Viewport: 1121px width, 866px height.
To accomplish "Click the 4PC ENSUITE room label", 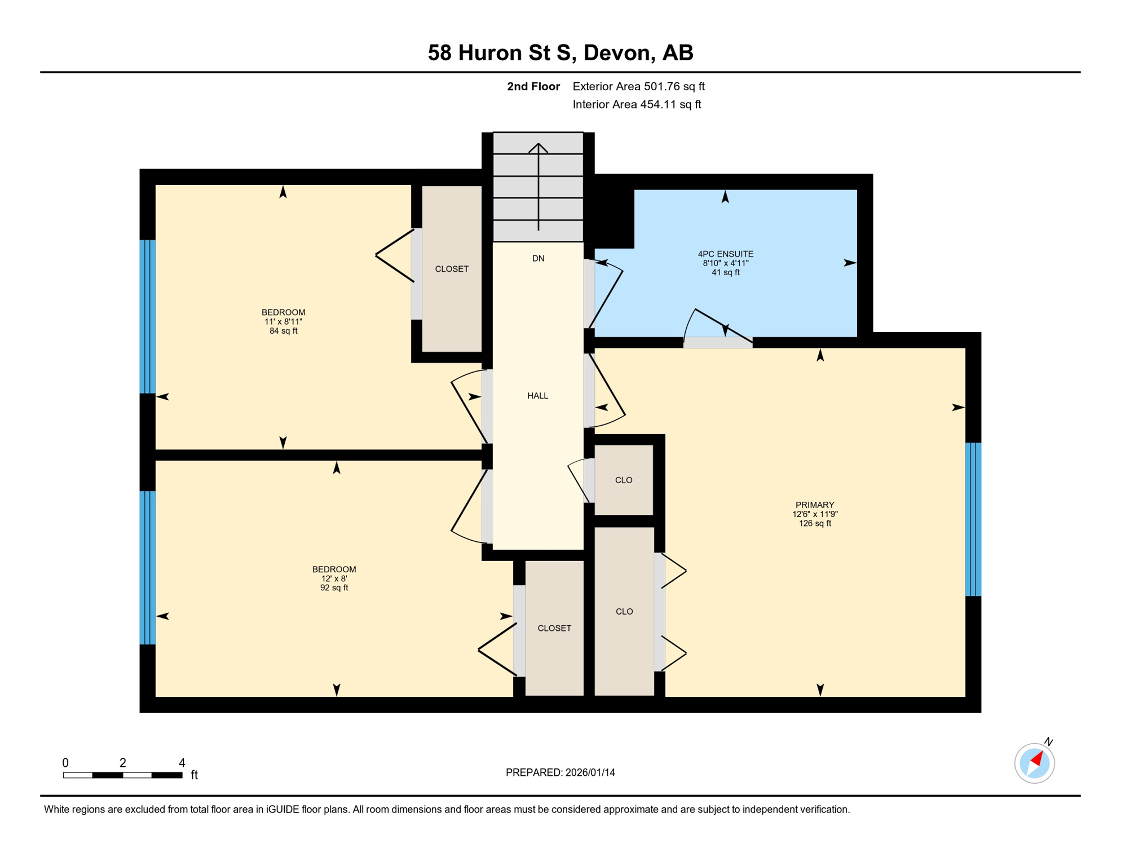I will (x=725, y=254).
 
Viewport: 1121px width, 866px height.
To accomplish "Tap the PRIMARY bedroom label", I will (x=814, y=505).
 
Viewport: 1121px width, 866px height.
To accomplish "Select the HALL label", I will (x=537, y=396).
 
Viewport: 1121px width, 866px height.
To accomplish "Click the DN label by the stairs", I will (x=538, y=258).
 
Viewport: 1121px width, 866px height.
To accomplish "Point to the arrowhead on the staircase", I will (x=538, y=147).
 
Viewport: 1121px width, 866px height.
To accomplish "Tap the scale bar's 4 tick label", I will (x=182, y=763).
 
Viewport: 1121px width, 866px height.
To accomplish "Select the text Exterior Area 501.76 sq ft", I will (x=638, y=86).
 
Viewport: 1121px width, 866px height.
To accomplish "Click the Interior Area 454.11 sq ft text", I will (x=637, y=104).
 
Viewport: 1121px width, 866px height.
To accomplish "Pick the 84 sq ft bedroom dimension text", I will (x=283, y=331).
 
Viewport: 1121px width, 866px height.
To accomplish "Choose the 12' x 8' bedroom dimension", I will (x=334, y=578).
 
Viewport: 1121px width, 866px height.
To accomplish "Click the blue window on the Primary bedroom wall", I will (x=973, y=519).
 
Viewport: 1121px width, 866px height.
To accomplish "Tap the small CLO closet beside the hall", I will (x=623, y=480).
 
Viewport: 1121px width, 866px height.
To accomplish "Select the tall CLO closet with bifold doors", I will (x=624, y=611).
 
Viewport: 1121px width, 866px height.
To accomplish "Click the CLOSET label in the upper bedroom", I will (x=452, y=269).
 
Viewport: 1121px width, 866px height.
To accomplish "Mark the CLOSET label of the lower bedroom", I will (x=554, y=628).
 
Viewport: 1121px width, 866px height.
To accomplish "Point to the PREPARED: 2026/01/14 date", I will (x=560, y=772).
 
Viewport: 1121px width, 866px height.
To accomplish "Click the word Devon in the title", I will (x=619, y=52).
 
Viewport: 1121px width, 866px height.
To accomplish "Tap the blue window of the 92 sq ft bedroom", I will (x=147, y=567).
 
